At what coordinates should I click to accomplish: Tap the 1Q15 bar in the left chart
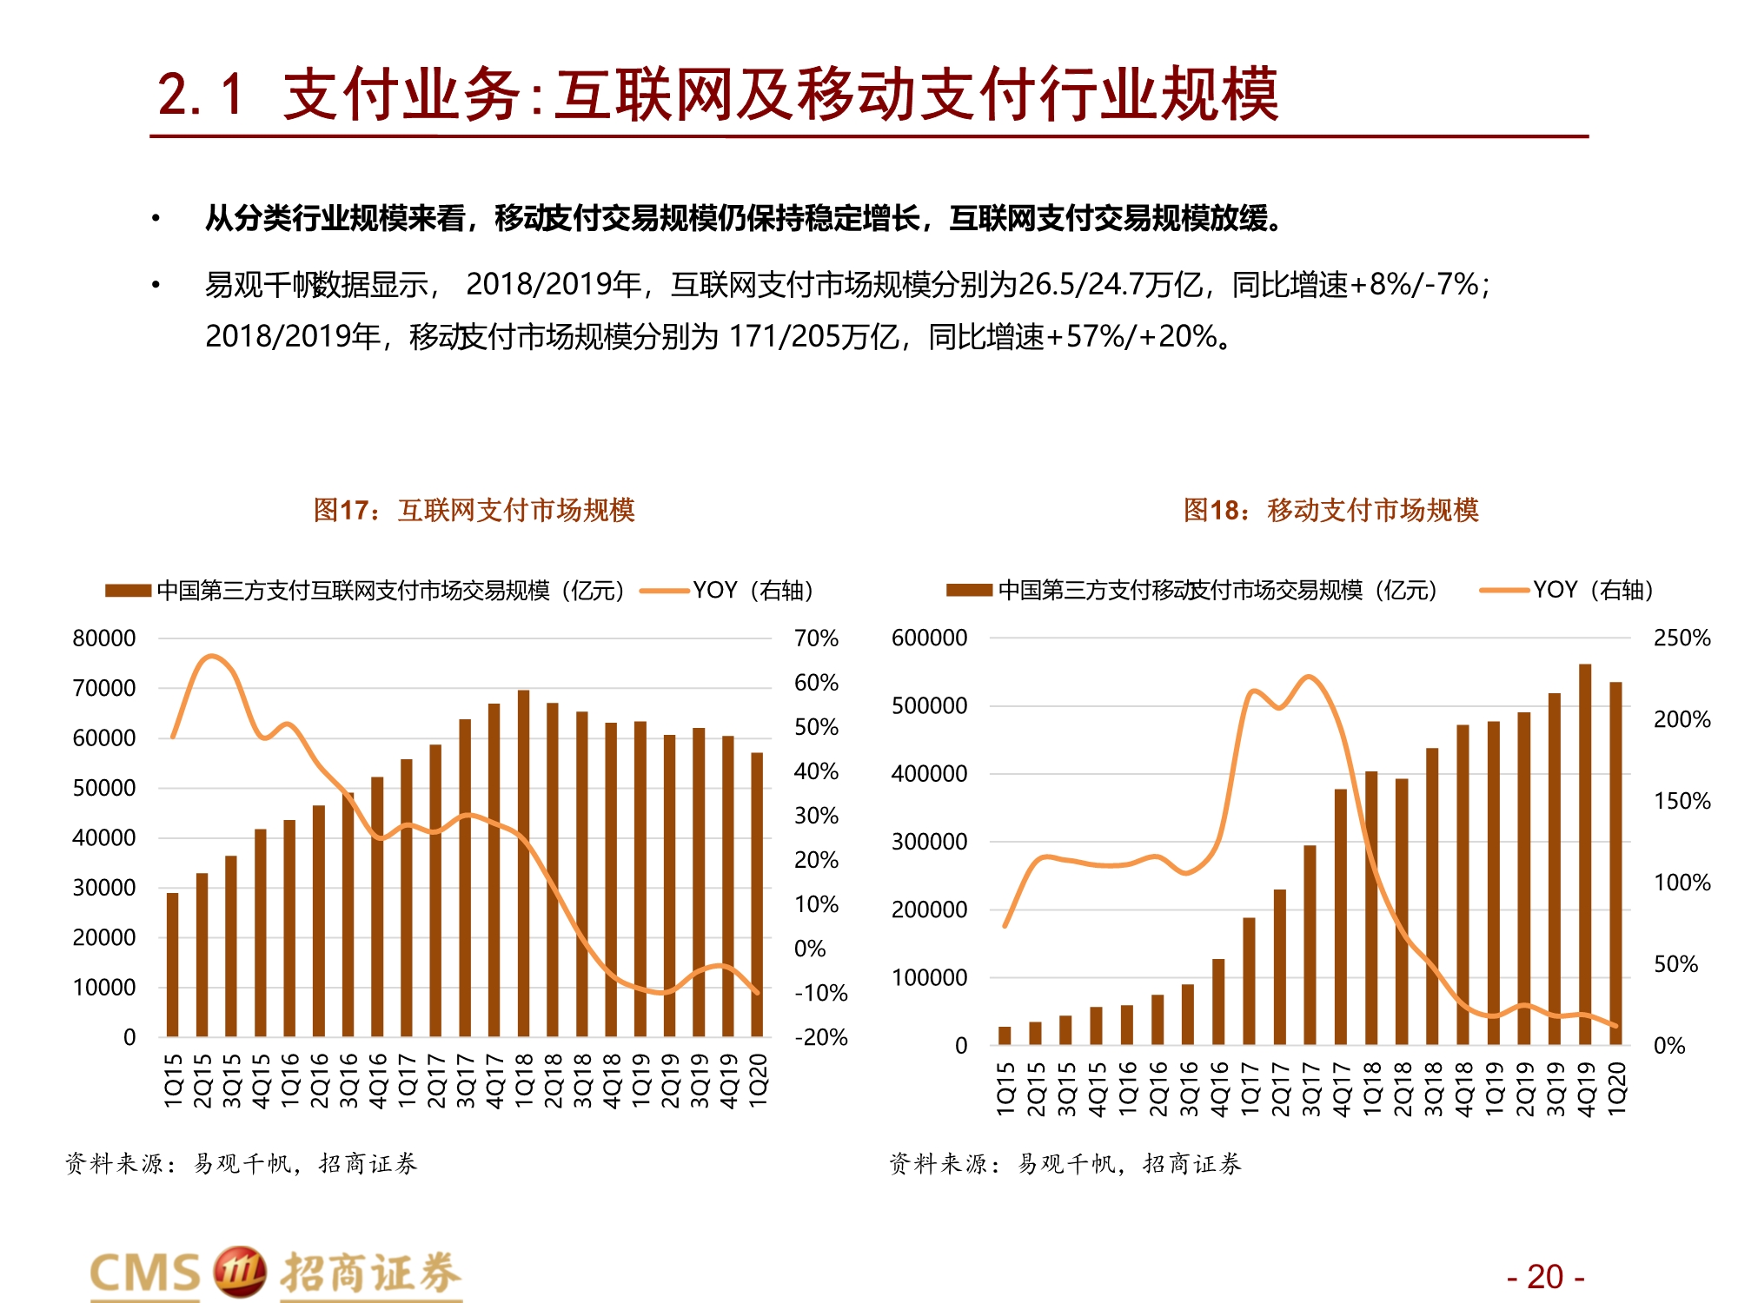(x=173, y=964)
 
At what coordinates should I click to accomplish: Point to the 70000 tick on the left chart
(x=104, y=688)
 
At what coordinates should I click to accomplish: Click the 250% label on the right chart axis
(x=1682, y=638)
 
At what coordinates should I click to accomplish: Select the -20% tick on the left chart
(x=820, y=1037)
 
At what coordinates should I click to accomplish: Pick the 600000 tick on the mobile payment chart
(x=929, y=638)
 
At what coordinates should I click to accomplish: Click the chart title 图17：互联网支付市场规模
(x=474, y=510)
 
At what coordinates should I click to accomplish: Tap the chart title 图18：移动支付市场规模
(x=1330, y=510)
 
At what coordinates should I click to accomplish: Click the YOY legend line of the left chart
(x=664, y=591)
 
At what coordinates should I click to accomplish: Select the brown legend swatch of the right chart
(x=969, y=591)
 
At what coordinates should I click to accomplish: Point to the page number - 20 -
(x=1545, y=1277)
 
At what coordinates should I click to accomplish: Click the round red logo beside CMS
(x=239, y=1272)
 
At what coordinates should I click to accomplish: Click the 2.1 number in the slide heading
(x=200, y=94)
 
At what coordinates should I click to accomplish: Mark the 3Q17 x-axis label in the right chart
(x=1310, y=1088)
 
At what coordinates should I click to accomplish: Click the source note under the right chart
(x=1065, y=1163)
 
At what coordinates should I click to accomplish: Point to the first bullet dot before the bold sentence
(x=156, y=218)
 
